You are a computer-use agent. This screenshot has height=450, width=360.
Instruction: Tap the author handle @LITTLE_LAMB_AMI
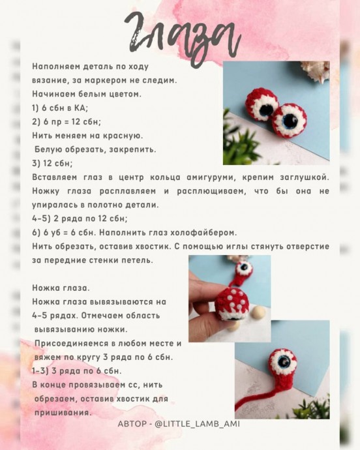(x=197, y=424)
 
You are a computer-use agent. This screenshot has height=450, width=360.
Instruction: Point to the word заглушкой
(x=305, y=177)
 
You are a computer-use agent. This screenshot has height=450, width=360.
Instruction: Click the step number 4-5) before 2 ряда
(x=41, y=218)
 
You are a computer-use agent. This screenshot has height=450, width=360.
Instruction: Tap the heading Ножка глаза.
(x=61, y=288)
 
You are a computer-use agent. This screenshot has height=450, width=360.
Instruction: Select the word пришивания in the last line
(x=63, y=413)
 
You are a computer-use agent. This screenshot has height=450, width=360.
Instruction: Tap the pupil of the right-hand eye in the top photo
(x=290, y=121)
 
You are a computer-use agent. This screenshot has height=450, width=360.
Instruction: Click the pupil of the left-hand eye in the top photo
(x=265, y=110)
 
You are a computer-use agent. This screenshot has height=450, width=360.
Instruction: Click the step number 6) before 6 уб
(x=36, y=233)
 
